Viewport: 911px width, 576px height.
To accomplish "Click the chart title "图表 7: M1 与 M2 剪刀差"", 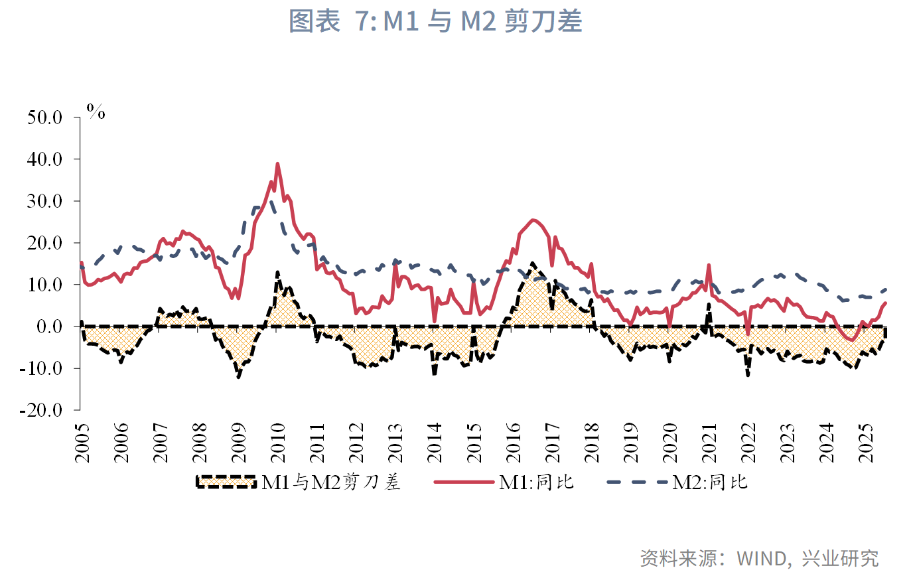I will click(x=435, y=21).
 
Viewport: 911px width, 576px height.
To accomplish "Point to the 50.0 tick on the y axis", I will click(x=44, y=117).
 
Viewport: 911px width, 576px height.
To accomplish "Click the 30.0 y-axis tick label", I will click(x=44, y=201).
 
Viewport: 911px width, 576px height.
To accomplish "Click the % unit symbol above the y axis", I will click(x=96, y=111).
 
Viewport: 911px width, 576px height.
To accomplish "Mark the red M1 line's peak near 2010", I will click(x=277, y=163).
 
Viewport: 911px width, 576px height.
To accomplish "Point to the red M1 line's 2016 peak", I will click(x=533, y=220).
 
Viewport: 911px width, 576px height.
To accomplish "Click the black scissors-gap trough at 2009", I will click(x=238, y=377).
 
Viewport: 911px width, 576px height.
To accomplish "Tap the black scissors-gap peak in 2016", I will click(x=533, y=263).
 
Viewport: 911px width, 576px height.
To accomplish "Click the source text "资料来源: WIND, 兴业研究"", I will click(x=759, y=557).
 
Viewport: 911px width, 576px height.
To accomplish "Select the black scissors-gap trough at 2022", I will click(x=748, y=376).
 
